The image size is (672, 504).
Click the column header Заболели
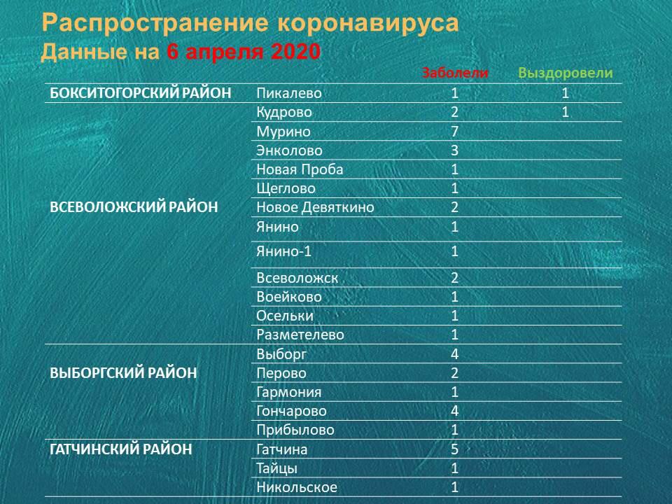455,73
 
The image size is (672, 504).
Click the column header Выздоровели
566,73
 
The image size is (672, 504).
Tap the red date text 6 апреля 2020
244,52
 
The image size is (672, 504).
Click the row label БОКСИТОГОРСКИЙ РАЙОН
141,93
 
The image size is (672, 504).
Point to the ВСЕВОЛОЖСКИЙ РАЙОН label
134,207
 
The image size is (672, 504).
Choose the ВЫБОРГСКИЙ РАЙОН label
123,373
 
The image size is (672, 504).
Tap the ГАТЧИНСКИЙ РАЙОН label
121,449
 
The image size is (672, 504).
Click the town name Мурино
283,132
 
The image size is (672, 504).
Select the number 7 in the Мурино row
455,131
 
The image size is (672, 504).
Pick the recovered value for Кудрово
566,112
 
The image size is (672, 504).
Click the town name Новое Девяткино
315,207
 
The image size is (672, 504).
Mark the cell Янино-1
283,251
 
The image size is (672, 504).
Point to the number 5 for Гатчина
455,449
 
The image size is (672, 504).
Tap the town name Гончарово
291,411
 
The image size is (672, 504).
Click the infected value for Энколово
455,150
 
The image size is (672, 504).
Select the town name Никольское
297,487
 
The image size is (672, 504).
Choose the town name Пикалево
289,93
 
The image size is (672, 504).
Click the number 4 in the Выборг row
455,354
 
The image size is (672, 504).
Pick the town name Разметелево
300,335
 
